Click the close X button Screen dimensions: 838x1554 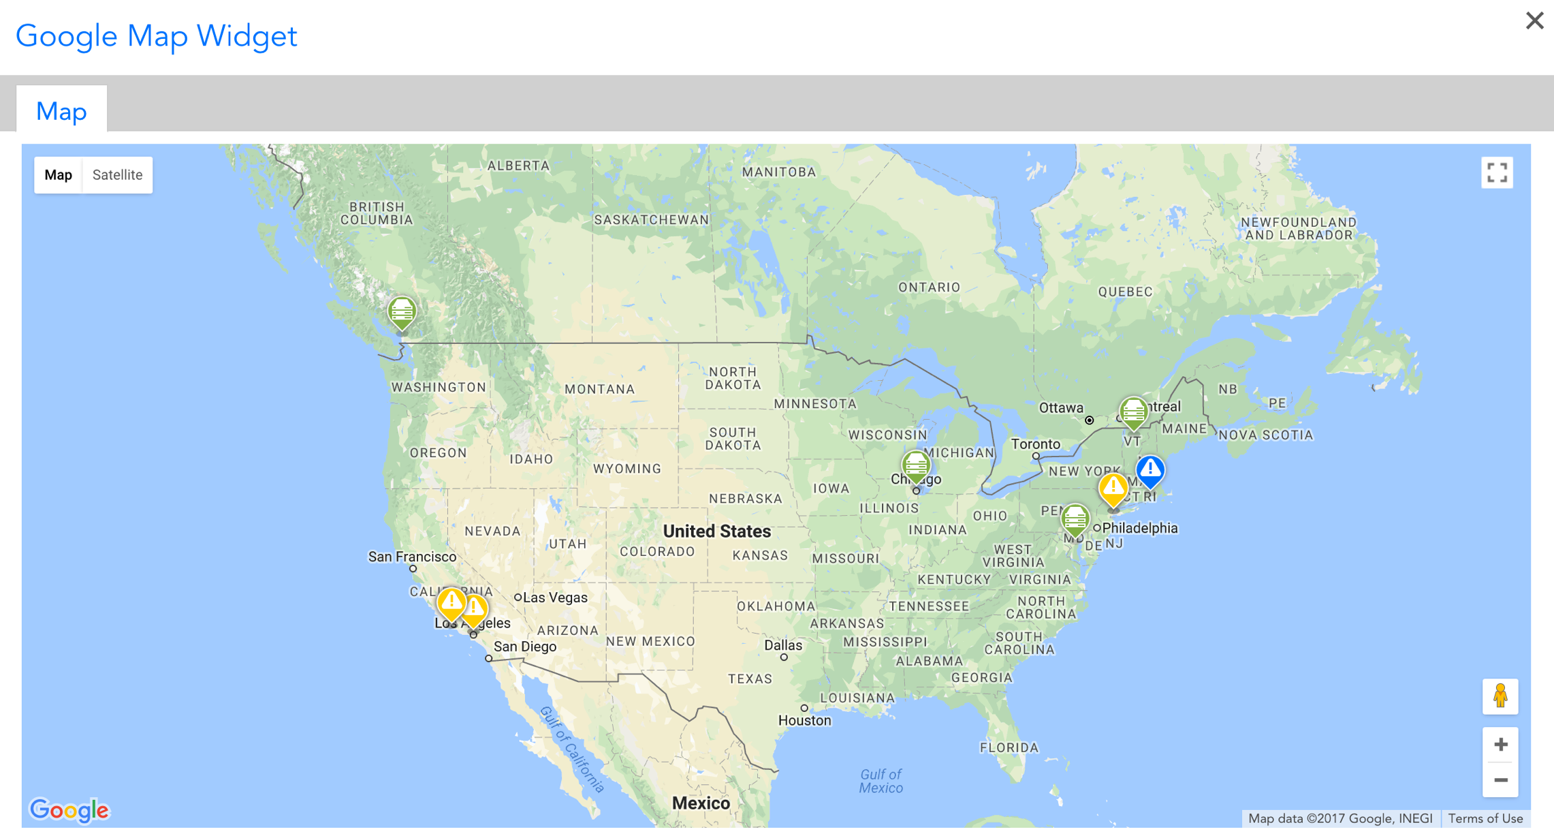pos(1534,20)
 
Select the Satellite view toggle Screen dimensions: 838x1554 pos(117,175)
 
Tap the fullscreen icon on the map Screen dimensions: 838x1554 pos(1497,173)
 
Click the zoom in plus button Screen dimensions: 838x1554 pos(1500,745)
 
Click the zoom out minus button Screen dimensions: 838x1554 pos(1500,780)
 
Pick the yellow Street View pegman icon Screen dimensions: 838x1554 pos(1500,696)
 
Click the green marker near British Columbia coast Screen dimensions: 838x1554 pos(402,312)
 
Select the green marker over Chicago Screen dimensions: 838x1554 pos(916,466)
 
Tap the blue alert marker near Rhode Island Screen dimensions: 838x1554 pos(1150,470)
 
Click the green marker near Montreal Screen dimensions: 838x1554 pos(1133,412)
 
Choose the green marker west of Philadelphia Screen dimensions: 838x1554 pos(1075,520)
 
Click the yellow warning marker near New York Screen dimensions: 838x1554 pos(1113,488)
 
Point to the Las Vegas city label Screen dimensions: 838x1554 pos(554,598)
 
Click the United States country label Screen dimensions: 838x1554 pos(716,531)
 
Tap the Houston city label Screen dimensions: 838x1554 pos(805,720)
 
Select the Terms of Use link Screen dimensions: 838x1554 pos(1485,818)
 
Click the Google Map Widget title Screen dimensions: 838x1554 pos(156,35)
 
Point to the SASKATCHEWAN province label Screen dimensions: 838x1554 pos(651,219)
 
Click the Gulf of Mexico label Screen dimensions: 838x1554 pos(881,781)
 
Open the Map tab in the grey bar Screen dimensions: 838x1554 pos(61,110)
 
